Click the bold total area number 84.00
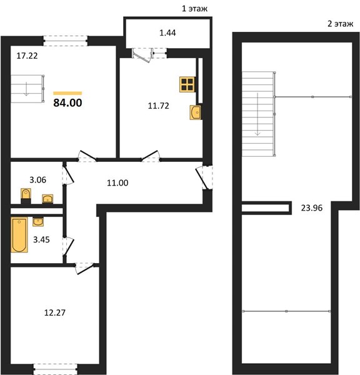coord(67,102)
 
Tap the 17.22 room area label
coord(27,56)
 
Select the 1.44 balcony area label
coord(167,32)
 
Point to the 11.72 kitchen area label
coord(158,106)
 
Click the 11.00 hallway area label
coord(117,183)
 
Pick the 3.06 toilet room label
coord(37,180)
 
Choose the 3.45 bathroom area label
coord(41,239)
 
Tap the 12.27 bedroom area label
coord(55,313)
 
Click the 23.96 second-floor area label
coord(312,208)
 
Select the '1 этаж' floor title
coord(194,9)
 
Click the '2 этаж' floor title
coord(340,24)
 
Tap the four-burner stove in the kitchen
coord(187,84)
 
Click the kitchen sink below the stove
coord(196,112)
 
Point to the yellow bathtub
coord(19,234)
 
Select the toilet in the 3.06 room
coord(26,196)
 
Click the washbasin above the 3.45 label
coord(38,222)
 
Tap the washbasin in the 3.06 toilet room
coord(47,199)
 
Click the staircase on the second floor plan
coord(259,114)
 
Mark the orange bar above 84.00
coord(67,93)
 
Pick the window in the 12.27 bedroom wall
coord(55,369)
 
